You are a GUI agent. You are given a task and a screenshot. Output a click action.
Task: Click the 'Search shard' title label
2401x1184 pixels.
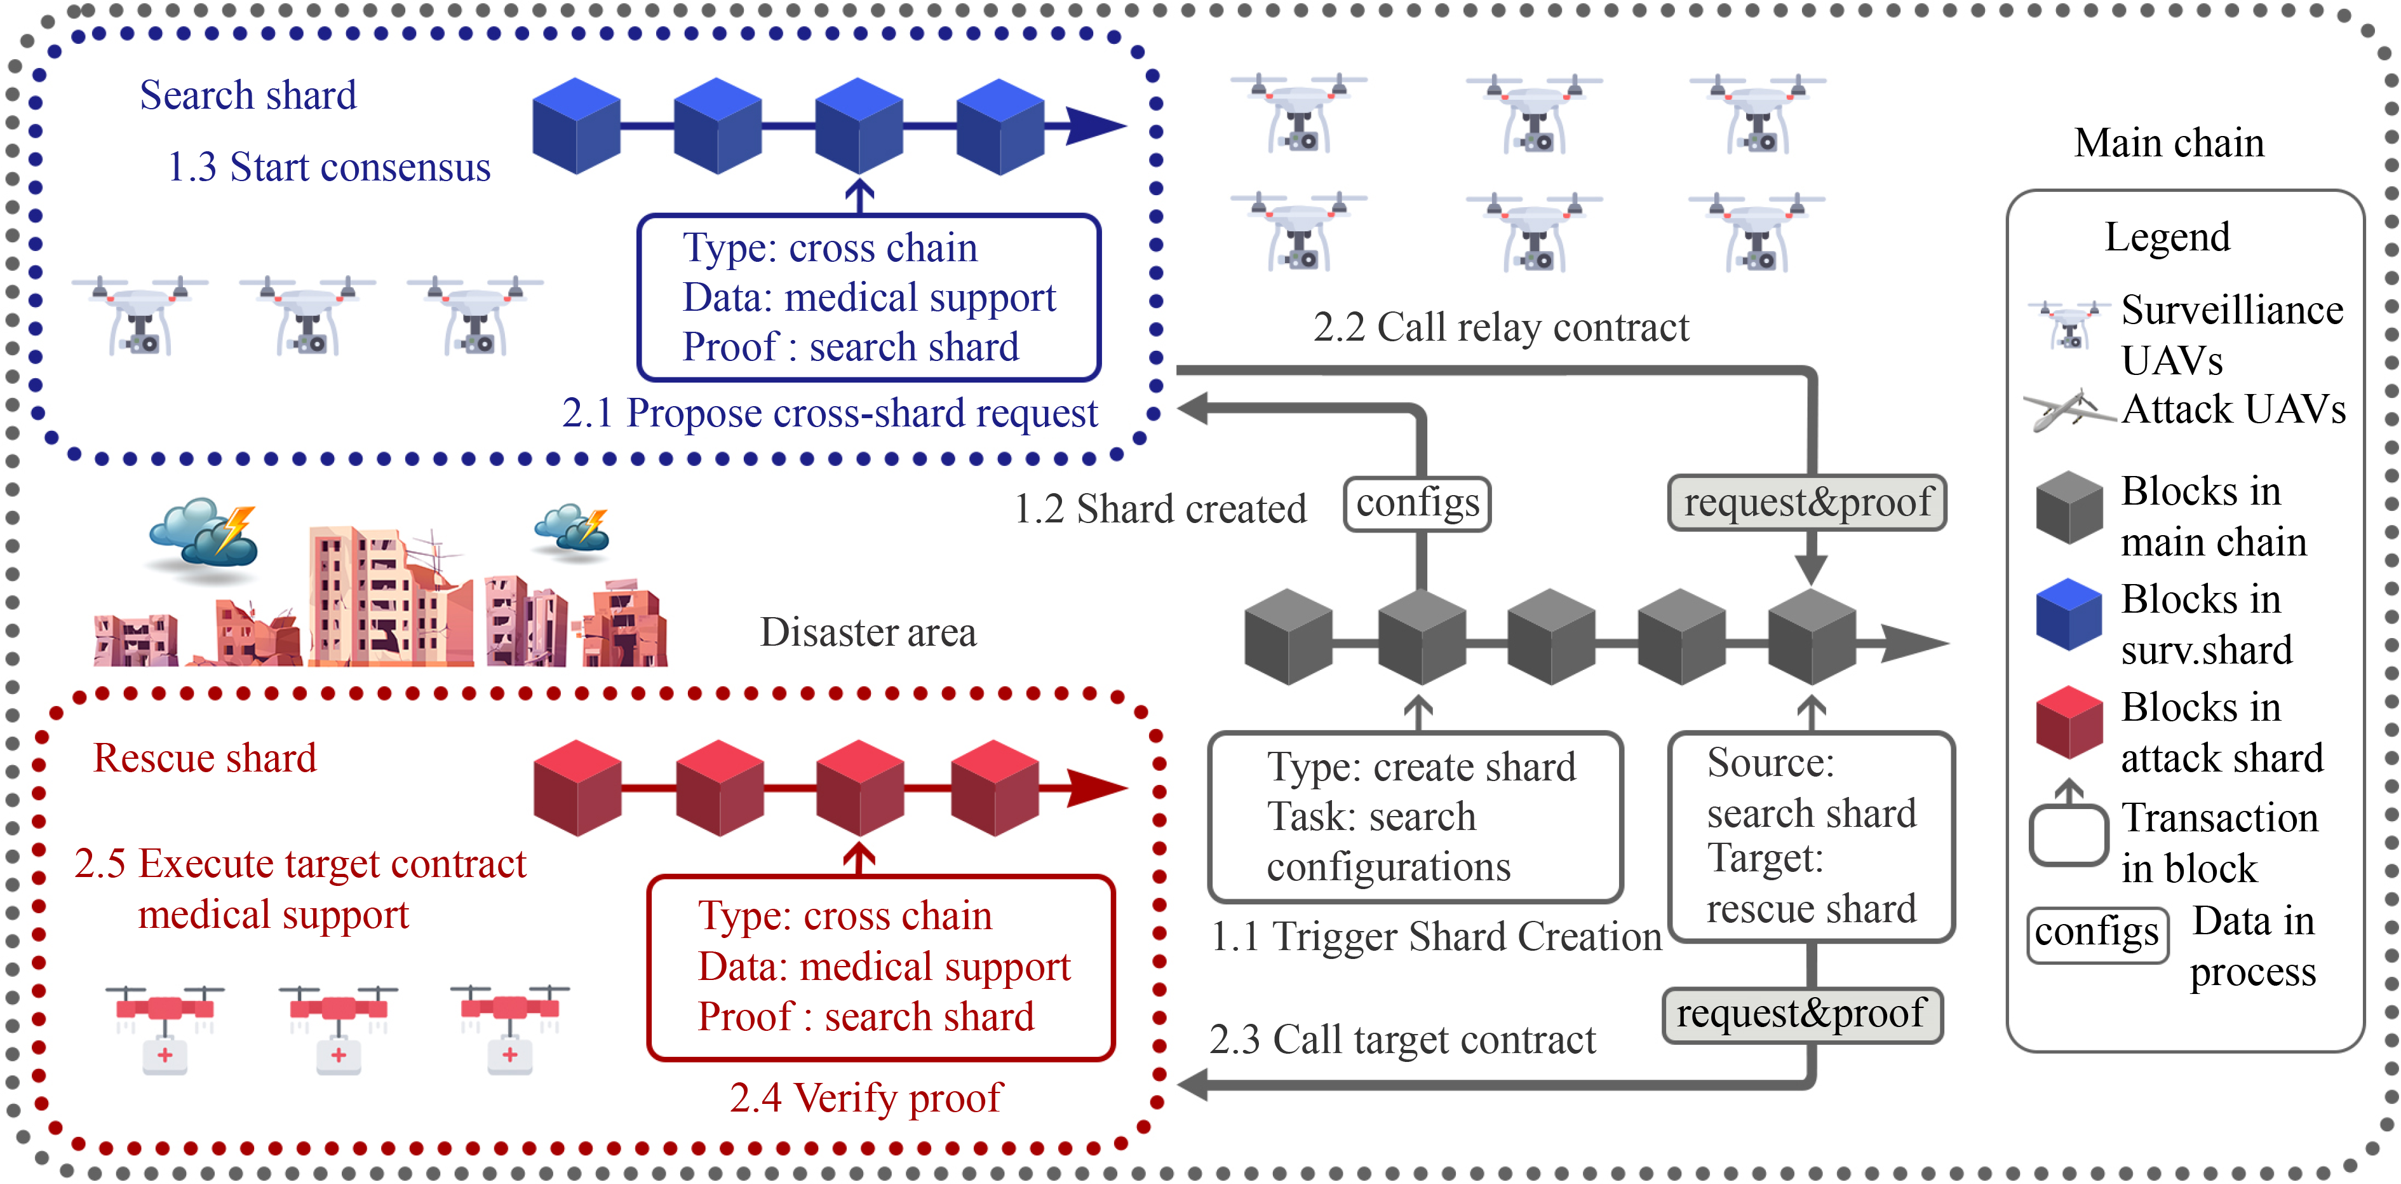click(248, 95)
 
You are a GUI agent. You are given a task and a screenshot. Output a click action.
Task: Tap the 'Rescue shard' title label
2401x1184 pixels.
click(205, 758)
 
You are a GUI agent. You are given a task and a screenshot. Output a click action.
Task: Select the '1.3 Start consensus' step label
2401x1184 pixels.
click(328, 168)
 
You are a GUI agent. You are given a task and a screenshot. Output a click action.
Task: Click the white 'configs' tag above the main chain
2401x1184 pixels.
click(1416, 503)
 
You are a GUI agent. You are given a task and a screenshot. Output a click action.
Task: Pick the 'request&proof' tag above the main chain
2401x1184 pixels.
click(1806, 503)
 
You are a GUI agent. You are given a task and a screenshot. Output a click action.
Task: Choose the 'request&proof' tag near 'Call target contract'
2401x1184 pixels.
click(1801, 1014)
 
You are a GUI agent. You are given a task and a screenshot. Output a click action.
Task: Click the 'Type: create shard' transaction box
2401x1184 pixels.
click(1415, 817)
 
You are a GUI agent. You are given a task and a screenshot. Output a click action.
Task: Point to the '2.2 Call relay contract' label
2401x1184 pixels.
click(1500, 327)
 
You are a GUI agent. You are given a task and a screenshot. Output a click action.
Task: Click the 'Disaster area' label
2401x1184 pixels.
click(868, 632)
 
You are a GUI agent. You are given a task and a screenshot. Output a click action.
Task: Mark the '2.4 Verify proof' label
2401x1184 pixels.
click(866, 1098)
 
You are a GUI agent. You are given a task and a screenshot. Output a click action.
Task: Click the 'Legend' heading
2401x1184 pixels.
click(2167, 238)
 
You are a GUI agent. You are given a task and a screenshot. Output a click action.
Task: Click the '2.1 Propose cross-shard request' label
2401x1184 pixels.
click(830, 413)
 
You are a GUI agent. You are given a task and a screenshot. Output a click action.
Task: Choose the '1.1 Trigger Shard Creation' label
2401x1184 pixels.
click(1436, 937)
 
